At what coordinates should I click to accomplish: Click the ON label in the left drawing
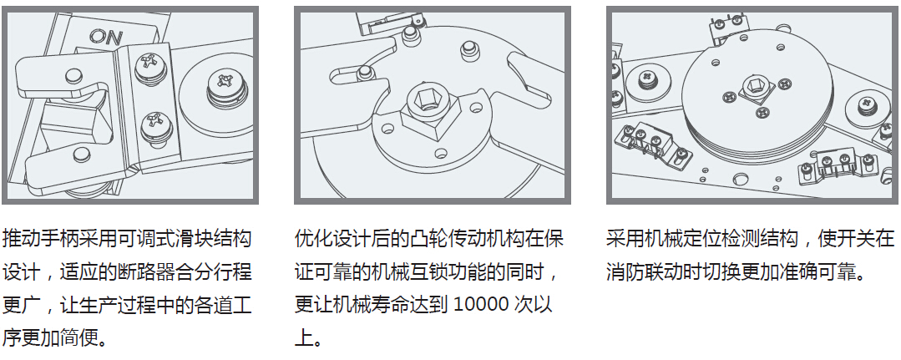[x=106, y=38]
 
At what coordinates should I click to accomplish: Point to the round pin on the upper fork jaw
[x=73, y=75]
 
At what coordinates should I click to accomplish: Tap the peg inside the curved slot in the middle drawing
[x=364, y=72]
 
